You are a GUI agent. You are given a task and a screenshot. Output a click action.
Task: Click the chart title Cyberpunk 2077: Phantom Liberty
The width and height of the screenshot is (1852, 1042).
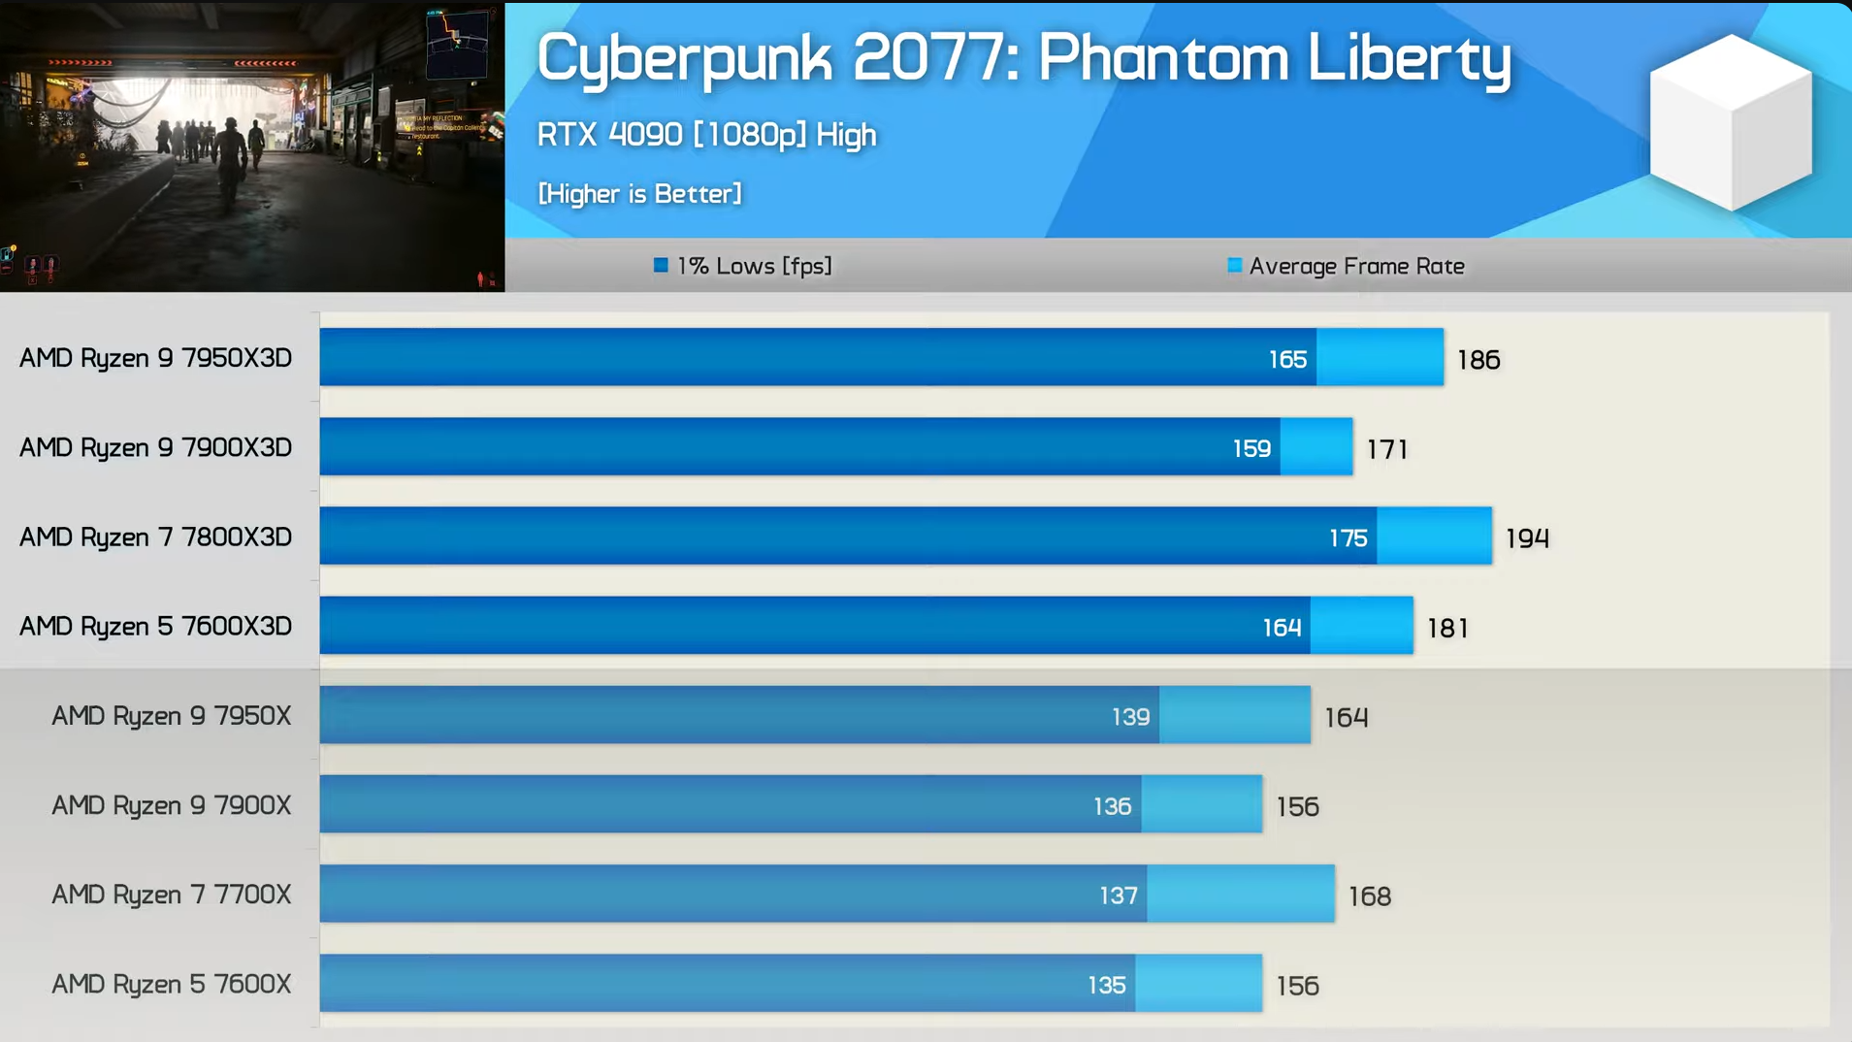click(1023, 58)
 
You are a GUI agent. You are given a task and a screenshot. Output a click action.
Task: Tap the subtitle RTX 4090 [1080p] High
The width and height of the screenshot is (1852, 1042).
click(706, 135)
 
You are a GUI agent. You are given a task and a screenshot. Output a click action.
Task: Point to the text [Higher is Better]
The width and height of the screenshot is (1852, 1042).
click(639, 194)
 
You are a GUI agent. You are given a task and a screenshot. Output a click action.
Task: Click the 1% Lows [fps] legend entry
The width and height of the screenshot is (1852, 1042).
click(743, 266)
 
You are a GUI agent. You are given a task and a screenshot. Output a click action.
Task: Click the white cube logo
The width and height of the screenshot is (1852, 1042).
click(1731, 123)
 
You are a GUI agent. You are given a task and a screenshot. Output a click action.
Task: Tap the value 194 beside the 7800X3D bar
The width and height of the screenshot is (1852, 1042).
click(1527, 538)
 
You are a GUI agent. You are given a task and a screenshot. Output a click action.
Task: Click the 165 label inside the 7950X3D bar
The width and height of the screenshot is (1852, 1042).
click(1287, 360)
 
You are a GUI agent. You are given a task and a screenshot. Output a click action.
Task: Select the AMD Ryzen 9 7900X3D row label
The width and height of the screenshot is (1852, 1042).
click(155, 448)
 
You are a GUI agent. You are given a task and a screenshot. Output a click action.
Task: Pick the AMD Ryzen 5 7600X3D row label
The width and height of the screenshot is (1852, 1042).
click(155, 627)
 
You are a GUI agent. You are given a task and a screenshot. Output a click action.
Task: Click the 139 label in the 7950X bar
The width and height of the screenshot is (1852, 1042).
click(1130, 717)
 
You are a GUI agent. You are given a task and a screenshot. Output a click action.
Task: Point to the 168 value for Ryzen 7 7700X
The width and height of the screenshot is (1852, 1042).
click(1369, 896)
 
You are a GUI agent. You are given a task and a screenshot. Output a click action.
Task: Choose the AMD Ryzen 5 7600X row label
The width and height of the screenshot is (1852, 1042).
click(171, 985)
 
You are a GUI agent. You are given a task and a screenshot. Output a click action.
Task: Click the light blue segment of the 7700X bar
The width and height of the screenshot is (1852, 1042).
click(1240, 895)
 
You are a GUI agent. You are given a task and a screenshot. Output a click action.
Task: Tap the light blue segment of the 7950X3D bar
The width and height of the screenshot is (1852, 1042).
click(1380, 358)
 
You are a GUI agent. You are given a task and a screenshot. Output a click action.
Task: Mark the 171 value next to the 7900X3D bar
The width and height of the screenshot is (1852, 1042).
click(1386, 449)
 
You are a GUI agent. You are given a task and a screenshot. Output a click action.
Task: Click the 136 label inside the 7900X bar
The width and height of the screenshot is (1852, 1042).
click(1112, 806)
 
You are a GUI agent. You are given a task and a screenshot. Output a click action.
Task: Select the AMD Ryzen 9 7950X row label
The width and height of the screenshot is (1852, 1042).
click(171, 716)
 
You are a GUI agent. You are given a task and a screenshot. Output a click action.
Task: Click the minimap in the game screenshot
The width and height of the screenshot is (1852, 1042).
click(457, 44)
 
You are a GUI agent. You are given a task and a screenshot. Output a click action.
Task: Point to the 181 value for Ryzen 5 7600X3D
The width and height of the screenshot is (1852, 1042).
click(1446, 629)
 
